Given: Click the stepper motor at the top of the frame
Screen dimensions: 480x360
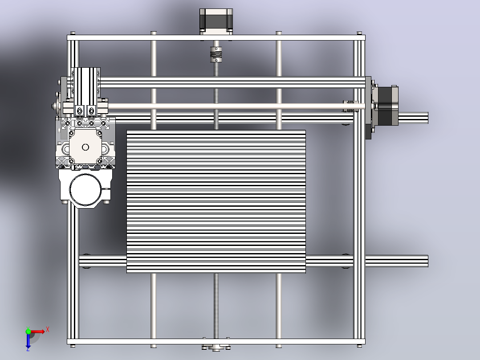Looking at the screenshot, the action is [x=216, y=21].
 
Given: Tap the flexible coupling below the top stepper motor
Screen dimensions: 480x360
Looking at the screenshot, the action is [x=216, y=54].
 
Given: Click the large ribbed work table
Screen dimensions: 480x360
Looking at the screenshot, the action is [x=216, y=201].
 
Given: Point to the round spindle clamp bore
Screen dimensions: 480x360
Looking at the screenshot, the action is [x=85, y=189].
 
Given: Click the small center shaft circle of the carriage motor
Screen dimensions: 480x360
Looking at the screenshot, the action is [x=85, y=147].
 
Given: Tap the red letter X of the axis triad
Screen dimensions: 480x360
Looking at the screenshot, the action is [x=48, y=330].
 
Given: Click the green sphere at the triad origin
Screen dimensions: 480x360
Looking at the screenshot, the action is [x=28, y=331].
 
